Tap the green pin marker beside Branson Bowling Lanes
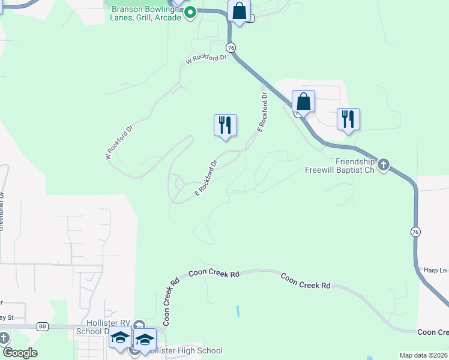pos(190,12)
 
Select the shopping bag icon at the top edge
pos(239,11)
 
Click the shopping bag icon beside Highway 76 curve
pos(303,101)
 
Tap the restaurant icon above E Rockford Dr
pos(225,125)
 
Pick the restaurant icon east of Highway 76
pos(348,119)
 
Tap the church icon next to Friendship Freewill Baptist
pos(384,164)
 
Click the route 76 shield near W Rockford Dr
pos(231,47)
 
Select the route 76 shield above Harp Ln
pos(415,232)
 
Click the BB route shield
pos(42,326)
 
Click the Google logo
pos(20,353)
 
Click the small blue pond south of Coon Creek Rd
pos(238,311)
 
